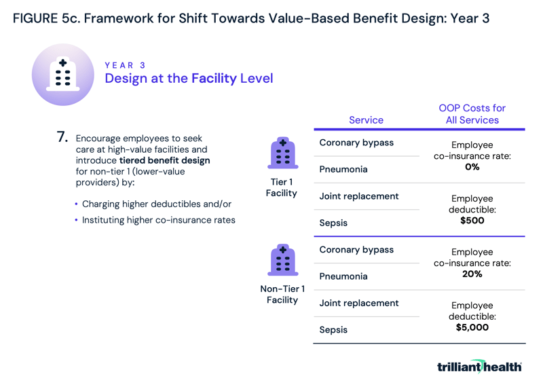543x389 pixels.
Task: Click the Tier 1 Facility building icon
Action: coord(282,153)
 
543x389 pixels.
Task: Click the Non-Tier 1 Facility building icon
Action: coord(282,260)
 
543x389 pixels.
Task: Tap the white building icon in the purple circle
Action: coord(62,74)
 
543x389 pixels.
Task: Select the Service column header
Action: coord(366,120)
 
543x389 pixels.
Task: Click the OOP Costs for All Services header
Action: coord(472,114)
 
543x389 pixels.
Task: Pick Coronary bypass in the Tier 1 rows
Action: coord(356,143)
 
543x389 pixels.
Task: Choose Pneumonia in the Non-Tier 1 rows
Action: coord(343,276)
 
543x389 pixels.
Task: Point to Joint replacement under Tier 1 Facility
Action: coord(359,196)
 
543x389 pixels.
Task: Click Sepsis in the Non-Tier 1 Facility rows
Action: coord(333,330)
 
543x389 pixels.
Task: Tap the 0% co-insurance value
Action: coord(472,167)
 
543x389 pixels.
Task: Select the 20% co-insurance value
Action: coord(472,274)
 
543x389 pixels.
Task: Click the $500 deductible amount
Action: coord(472,221)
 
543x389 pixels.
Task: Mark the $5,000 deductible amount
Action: coord(472,327)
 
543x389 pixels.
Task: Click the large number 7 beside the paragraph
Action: coord(62,137)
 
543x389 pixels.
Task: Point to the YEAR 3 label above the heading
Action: coord(125,65)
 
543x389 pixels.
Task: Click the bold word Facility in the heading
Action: coord(214,79)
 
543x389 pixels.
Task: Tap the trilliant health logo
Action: coord(479,367)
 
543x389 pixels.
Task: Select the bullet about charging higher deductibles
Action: coord(156,204)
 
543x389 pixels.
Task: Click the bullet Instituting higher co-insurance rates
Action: coord(158,220)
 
